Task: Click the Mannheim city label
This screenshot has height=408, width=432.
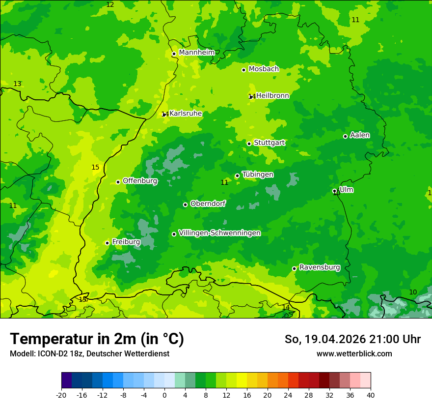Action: [196, 53]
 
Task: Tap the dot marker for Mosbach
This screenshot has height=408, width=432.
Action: [243, 70]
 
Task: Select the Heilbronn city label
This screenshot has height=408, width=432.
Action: [272, 96]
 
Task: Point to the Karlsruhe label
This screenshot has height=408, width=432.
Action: [186, 114]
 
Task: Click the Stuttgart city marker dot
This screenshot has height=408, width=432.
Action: [249, 144]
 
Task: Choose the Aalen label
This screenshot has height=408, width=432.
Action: [360, 135]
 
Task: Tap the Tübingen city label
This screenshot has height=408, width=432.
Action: [258, 175]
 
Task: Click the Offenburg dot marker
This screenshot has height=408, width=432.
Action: [118, 182]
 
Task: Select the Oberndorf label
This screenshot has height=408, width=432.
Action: [208, 204]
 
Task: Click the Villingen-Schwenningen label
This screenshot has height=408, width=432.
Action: [219, 233]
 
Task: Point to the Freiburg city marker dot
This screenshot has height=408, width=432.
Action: [107, 243]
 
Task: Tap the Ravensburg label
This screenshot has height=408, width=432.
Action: [320, 267]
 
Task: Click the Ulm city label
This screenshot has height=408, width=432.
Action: [346, 190]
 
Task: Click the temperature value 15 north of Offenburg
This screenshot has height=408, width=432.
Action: [95, 168]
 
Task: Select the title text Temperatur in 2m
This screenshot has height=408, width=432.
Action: [97, 339]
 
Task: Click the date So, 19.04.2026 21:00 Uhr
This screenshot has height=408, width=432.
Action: [352, 339]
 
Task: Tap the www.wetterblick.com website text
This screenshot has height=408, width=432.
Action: [354, 353]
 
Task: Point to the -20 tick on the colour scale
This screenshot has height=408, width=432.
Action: [61, 395]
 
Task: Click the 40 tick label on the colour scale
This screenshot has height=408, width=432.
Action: [371, 395]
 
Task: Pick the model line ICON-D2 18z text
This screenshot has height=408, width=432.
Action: [89, 353]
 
